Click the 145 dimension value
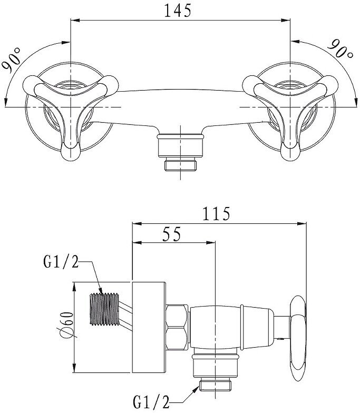(178, 10)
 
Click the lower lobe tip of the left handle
(70, 152)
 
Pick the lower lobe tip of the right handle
(290, 152)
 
